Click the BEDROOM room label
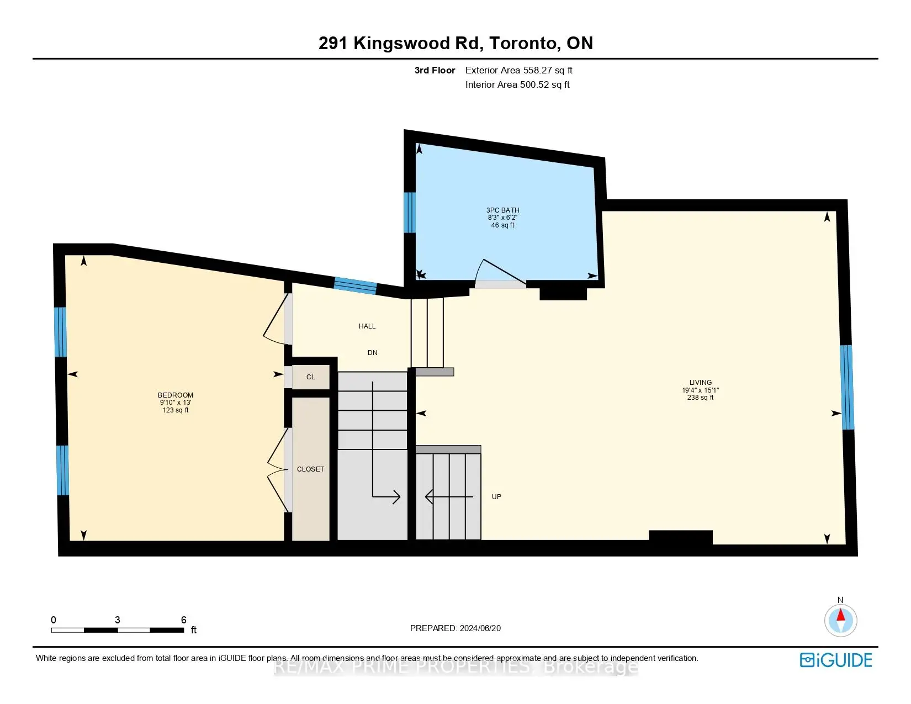[176, 395]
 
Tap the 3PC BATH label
[502, 210]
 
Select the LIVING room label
[700, 383]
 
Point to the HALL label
[367, 326]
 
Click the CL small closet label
[310, 377]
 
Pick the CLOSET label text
[310, 469]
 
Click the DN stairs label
[373, 353]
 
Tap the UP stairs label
[496, 497]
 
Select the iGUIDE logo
[836, 660]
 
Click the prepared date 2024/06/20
[479, 628]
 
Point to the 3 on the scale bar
[118, 620]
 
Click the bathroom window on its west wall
[410, 213]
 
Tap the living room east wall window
[847, 387]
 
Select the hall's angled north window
[356, 286]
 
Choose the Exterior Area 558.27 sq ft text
[518, 70]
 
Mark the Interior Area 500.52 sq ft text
[517, 84]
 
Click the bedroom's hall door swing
[274, 320]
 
